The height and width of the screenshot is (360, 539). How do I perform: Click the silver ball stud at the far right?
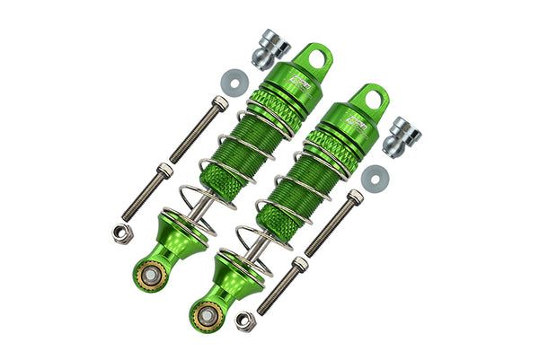[x=402, y=132]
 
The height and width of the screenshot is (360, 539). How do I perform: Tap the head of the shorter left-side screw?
[x=164, y=169]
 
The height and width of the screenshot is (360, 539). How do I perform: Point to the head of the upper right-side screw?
[x=356, y=196]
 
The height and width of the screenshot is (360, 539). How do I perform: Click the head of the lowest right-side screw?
[x=299, y=264]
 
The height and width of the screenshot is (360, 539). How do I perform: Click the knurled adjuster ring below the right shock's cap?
[x=327, y=146]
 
